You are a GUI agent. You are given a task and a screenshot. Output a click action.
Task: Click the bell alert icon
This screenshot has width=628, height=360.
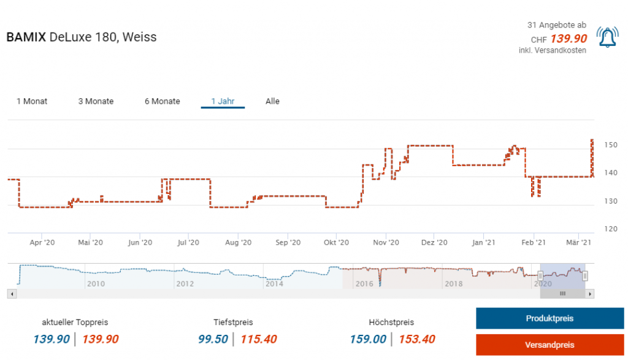pos(607,38)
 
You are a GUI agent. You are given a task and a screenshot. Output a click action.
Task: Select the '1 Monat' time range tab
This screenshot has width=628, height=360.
pos(32,101)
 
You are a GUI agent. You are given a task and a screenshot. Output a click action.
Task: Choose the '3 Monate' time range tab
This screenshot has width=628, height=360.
pos(96,101)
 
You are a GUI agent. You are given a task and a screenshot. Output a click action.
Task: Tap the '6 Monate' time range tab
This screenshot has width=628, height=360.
pos(163,101)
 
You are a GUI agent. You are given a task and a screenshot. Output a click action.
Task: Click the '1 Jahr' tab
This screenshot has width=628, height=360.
pos(223,101)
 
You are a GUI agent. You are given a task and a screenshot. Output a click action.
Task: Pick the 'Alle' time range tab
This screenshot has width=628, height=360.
pos(272,101)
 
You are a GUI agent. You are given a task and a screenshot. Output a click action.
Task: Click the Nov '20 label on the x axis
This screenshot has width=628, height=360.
pos(386,243)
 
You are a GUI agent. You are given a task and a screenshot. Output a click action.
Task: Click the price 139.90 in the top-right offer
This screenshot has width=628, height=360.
pos(569,39)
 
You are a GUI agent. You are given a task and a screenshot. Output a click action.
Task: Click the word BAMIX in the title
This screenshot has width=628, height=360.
pos(26,37)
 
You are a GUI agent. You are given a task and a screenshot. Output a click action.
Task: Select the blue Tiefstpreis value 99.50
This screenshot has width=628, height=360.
pos(213,339)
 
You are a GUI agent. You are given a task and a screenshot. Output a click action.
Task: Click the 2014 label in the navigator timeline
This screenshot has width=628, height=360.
pos(274,284)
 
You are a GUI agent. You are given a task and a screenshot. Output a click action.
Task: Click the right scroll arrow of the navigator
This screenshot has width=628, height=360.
pos(591,294)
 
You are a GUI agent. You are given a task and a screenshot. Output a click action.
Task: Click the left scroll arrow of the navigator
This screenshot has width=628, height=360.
pos(10,294)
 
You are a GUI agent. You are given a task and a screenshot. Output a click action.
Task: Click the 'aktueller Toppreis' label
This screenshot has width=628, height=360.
pos(75,322)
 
